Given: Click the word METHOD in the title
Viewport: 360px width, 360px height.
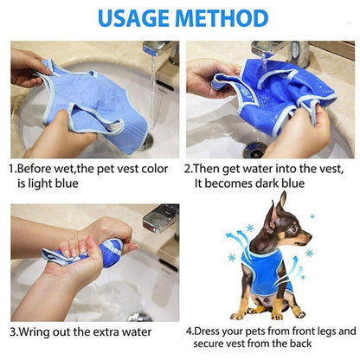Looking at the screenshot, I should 223,17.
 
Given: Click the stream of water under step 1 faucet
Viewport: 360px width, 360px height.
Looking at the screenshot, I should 153,95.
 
